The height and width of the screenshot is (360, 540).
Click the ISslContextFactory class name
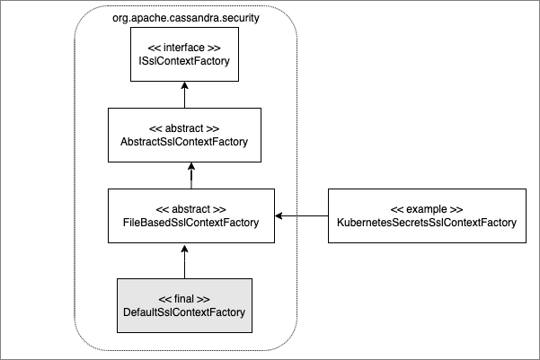tap(184, 62)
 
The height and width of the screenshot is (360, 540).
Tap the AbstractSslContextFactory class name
tap(184, 142)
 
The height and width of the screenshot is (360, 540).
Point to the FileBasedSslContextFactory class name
tap(184, 223)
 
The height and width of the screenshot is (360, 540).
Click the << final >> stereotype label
tap(184, 298)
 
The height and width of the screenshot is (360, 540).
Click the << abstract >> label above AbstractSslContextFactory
tap(184, 127)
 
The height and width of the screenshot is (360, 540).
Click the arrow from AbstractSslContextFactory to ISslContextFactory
tap(184, 94)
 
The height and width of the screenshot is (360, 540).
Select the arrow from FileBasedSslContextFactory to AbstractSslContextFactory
tap(184, 175)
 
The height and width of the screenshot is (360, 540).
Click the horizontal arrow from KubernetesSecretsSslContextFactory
tap(301, 215)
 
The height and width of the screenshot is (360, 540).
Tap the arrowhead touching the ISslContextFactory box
tap(184, 84)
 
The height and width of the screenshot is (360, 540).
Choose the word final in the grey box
tap(184, 298)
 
